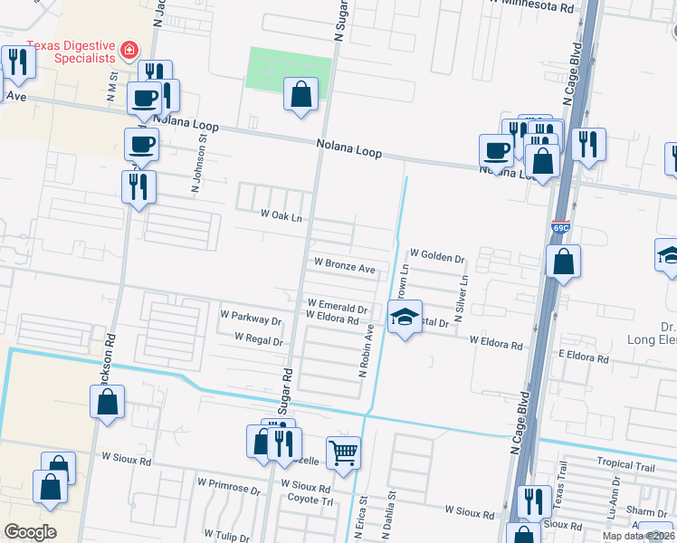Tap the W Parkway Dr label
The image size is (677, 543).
251,319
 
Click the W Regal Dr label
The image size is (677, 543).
259,339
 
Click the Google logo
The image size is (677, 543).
30,531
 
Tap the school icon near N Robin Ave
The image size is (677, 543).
405,317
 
